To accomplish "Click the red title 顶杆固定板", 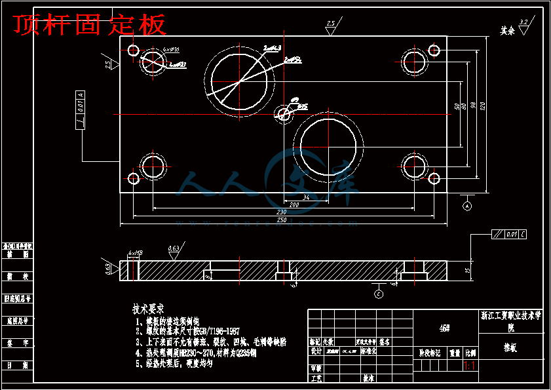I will click(x=90, y=25).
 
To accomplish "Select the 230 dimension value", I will click(x=282, y=212).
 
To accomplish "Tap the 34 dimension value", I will click(x=305, y=197).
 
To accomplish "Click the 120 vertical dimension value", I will click(x=483, y=106).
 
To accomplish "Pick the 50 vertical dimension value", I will click(x=456, y=106).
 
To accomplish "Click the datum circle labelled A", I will click(x=468, y=206).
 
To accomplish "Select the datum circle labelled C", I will click(x=379, y=294).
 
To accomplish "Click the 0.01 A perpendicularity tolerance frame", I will click(x=80, y=109).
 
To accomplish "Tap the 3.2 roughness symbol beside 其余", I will click(x=523, y=25).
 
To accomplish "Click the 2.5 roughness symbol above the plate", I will click(x=331, y=26).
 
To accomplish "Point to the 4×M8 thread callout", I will click(x=136, y=252).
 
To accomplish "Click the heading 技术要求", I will click(x=148, y=308).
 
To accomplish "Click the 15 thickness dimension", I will click(x=468, y=269).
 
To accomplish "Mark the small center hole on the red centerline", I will click(x=284, y=113).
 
